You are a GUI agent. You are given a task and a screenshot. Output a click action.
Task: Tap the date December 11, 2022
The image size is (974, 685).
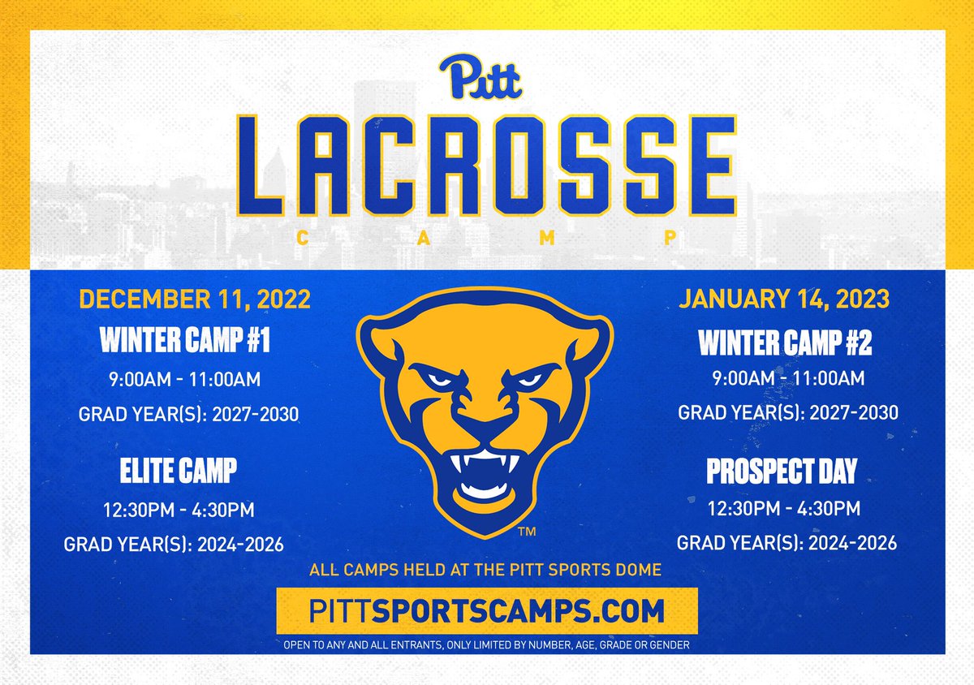(195, 299)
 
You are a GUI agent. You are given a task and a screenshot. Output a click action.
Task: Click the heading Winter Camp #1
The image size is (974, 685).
(185, 340)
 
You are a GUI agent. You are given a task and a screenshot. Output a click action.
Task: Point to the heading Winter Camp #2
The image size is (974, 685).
(785, 344)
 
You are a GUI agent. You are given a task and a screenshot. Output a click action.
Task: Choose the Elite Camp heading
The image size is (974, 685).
(179, 472)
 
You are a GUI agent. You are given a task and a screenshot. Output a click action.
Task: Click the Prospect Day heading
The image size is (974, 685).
(782, 472)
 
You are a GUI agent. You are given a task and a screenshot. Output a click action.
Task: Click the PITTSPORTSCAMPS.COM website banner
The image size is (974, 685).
(487, 611)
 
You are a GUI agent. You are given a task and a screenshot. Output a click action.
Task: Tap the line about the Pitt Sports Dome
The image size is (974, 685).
(485, 570)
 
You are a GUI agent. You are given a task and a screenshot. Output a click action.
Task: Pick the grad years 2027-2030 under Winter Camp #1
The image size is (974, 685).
(189, 415)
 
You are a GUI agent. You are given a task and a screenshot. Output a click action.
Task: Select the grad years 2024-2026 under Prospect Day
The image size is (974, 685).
(787, 542)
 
